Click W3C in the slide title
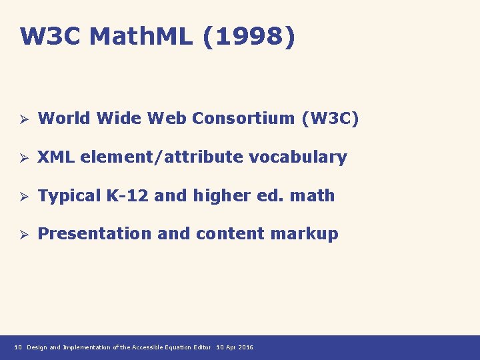[x=51, y=37]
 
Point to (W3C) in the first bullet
[x=330, y=119]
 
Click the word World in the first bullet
[x=65, y=119]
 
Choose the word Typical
[x=70, y=196]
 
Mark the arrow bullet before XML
[x=21, y=158]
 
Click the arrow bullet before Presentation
[x=21, y=235]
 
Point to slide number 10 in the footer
[x=19, y=347]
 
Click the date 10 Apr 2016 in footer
[x=235, y=347]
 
